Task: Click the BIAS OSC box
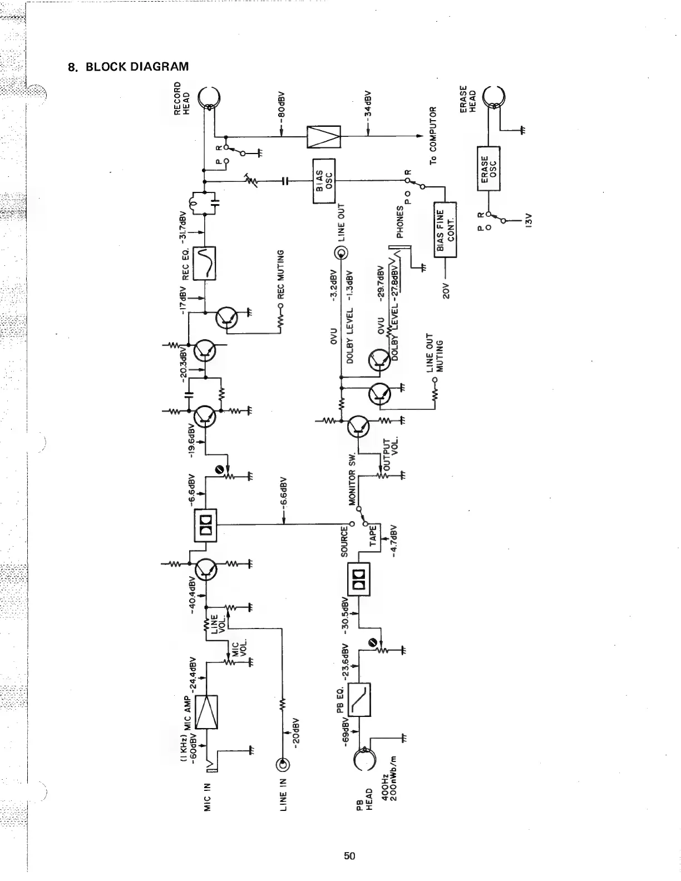323,181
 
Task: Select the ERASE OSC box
489,167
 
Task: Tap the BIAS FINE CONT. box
445,230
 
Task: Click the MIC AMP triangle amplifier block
206,712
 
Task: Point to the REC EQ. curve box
204,262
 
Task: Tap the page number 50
349,855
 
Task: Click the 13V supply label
529,222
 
